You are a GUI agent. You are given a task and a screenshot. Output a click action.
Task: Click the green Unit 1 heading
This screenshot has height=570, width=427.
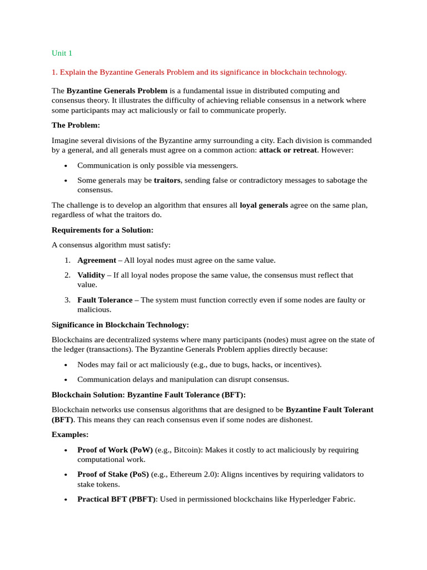[62, 53]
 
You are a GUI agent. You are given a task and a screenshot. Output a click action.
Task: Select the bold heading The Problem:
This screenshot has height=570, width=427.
[76, 125]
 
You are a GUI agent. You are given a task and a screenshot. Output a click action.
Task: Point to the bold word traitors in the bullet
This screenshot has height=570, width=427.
[167, 180]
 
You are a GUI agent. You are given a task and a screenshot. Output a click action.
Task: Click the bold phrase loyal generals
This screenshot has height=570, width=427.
[264, 205]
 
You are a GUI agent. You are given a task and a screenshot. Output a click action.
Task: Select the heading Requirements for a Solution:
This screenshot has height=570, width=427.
[102, 230]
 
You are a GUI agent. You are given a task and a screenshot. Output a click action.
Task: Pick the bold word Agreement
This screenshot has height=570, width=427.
[97, 260]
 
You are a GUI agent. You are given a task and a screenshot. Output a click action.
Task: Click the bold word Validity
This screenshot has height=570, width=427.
[91, 275]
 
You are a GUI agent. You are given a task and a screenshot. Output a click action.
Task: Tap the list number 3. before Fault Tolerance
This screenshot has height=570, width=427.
[67, 300]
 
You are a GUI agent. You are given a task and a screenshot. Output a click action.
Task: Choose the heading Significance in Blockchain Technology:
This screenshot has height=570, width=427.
[120, 325]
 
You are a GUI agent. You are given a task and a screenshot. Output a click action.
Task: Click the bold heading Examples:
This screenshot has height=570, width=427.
[70, 434]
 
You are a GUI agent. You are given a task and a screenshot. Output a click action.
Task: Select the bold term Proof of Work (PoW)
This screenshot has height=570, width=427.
[115, 450]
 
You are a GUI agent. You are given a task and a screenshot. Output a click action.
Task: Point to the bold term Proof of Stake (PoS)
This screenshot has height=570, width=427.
[113, 474]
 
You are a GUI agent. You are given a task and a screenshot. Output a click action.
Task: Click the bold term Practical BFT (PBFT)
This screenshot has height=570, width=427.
[117, 499]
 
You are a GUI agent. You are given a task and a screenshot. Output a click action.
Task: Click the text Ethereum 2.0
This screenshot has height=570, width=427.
[193, 474]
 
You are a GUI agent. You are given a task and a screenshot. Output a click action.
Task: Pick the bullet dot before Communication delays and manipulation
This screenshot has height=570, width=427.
[66, 380]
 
